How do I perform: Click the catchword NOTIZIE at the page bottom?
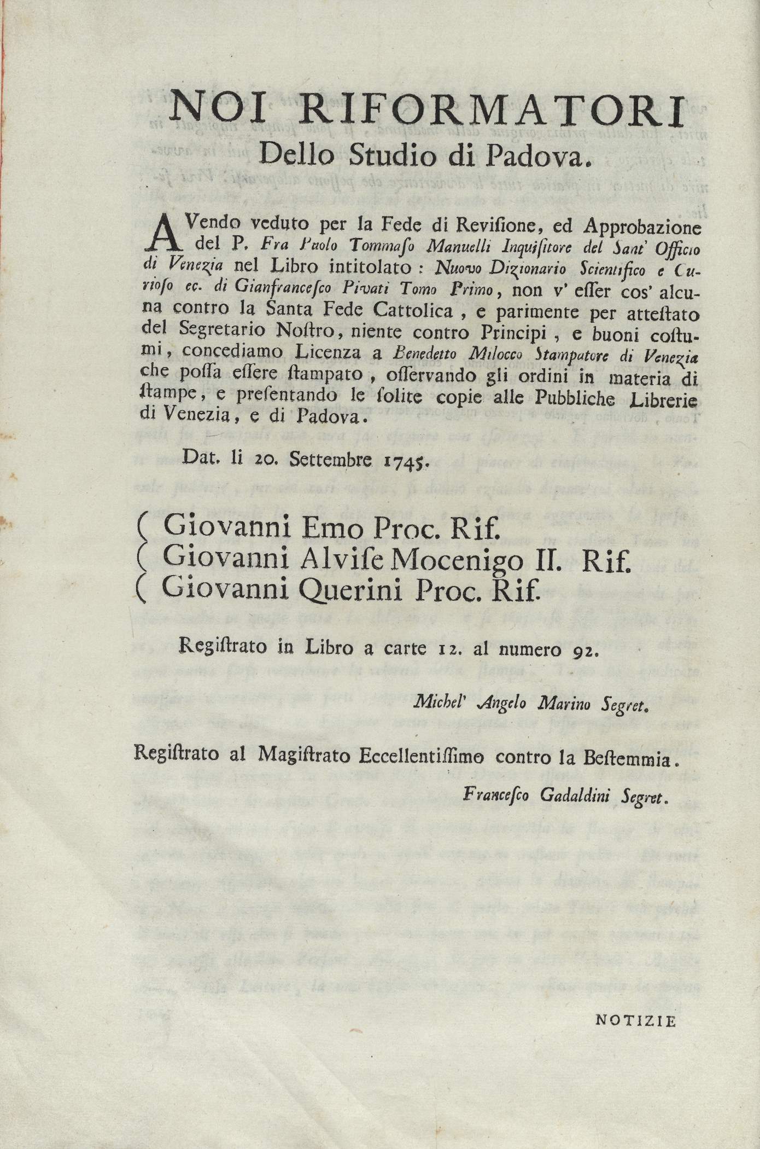(x=636, y=1020)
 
